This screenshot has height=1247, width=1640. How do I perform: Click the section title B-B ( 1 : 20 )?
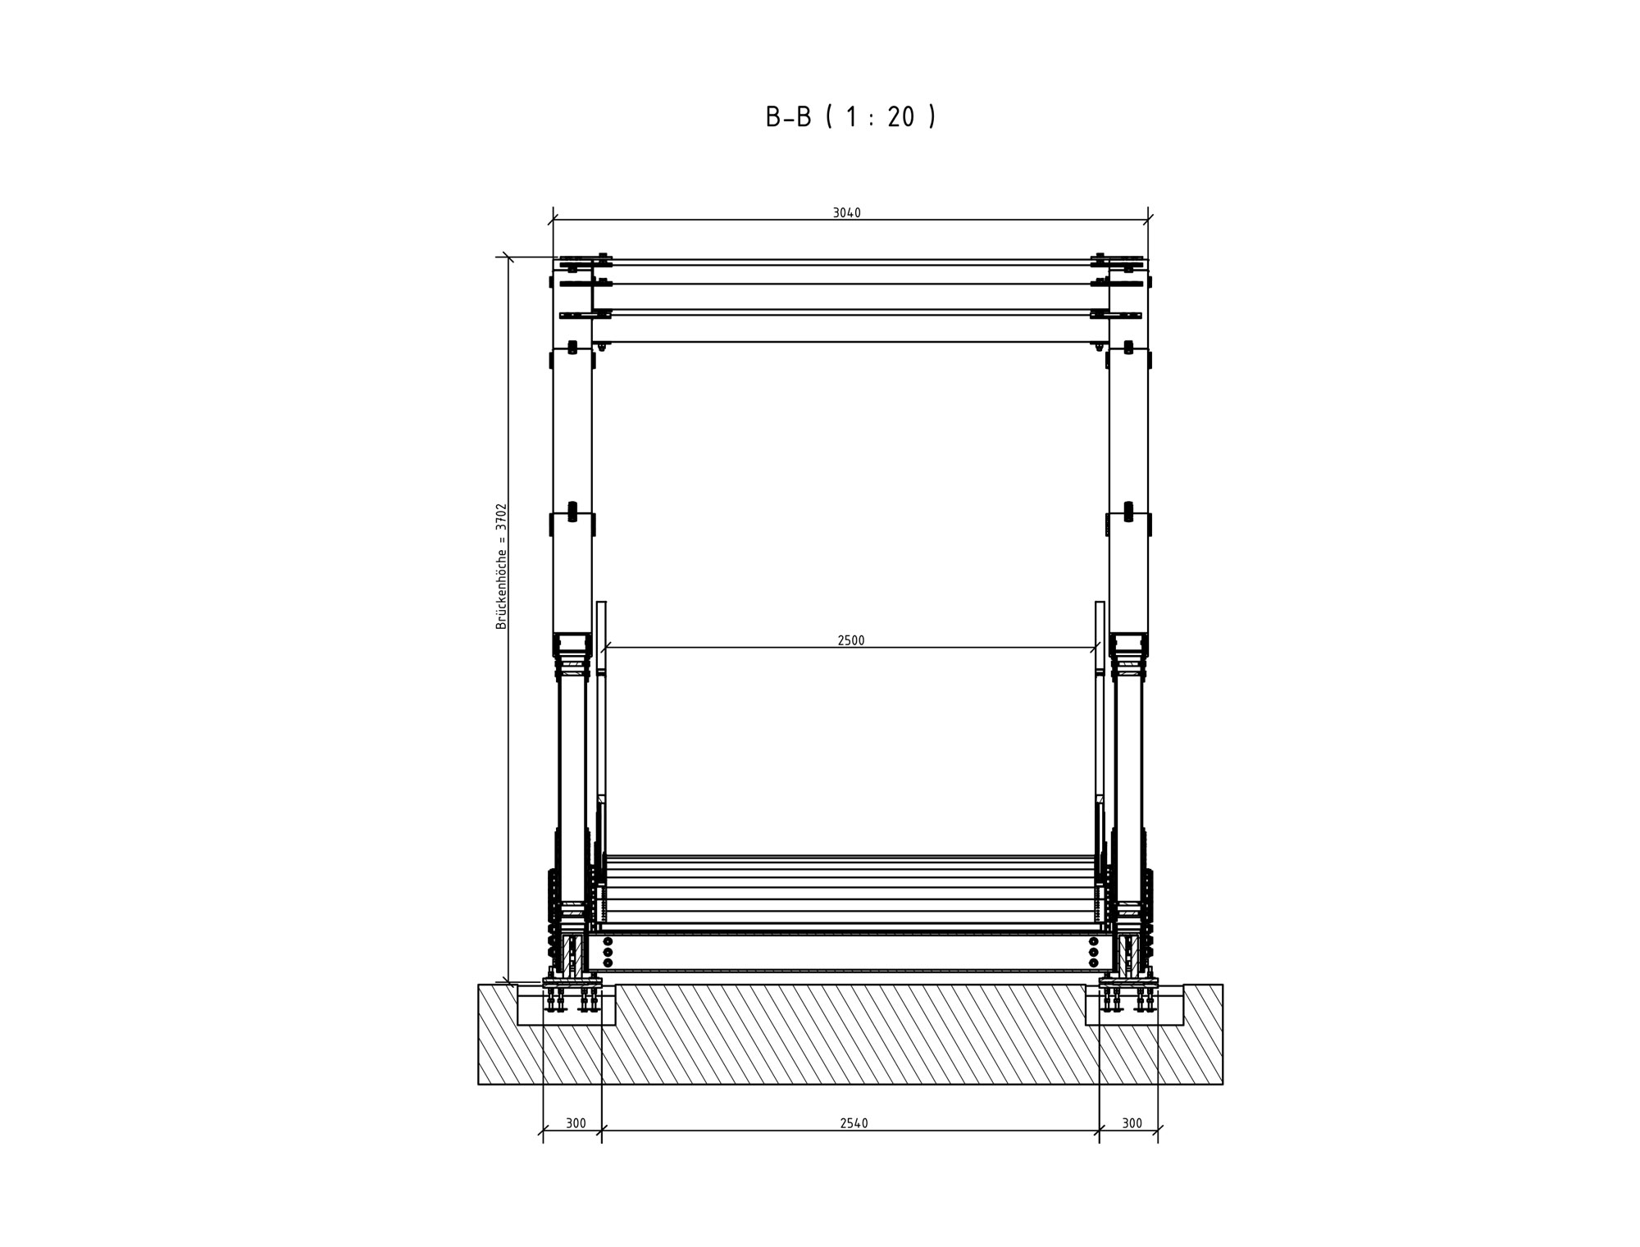(850, 117)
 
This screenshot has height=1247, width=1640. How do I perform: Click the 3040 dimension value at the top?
(847, 213)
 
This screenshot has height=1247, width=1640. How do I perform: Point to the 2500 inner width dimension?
(851, 640)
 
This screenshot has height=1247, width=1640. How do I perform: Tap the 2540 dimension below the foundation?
(854, 1123)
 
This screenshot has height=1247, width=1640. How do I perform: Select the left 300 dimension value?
(576, 1123)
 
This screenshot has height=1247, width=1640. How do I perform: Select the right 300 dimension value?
(1132, 1123)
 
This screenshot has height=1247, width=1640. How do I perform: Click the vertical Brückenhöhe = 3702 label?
(502, 567)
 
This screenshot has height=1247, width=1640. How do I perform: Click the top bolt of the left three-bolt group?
(608, 941)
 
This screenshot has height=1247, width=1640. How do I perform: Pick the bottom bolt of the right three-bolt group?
(1093, 963)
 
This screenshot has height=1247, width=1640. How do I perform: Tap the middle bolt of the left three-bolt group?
(608, 952)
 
